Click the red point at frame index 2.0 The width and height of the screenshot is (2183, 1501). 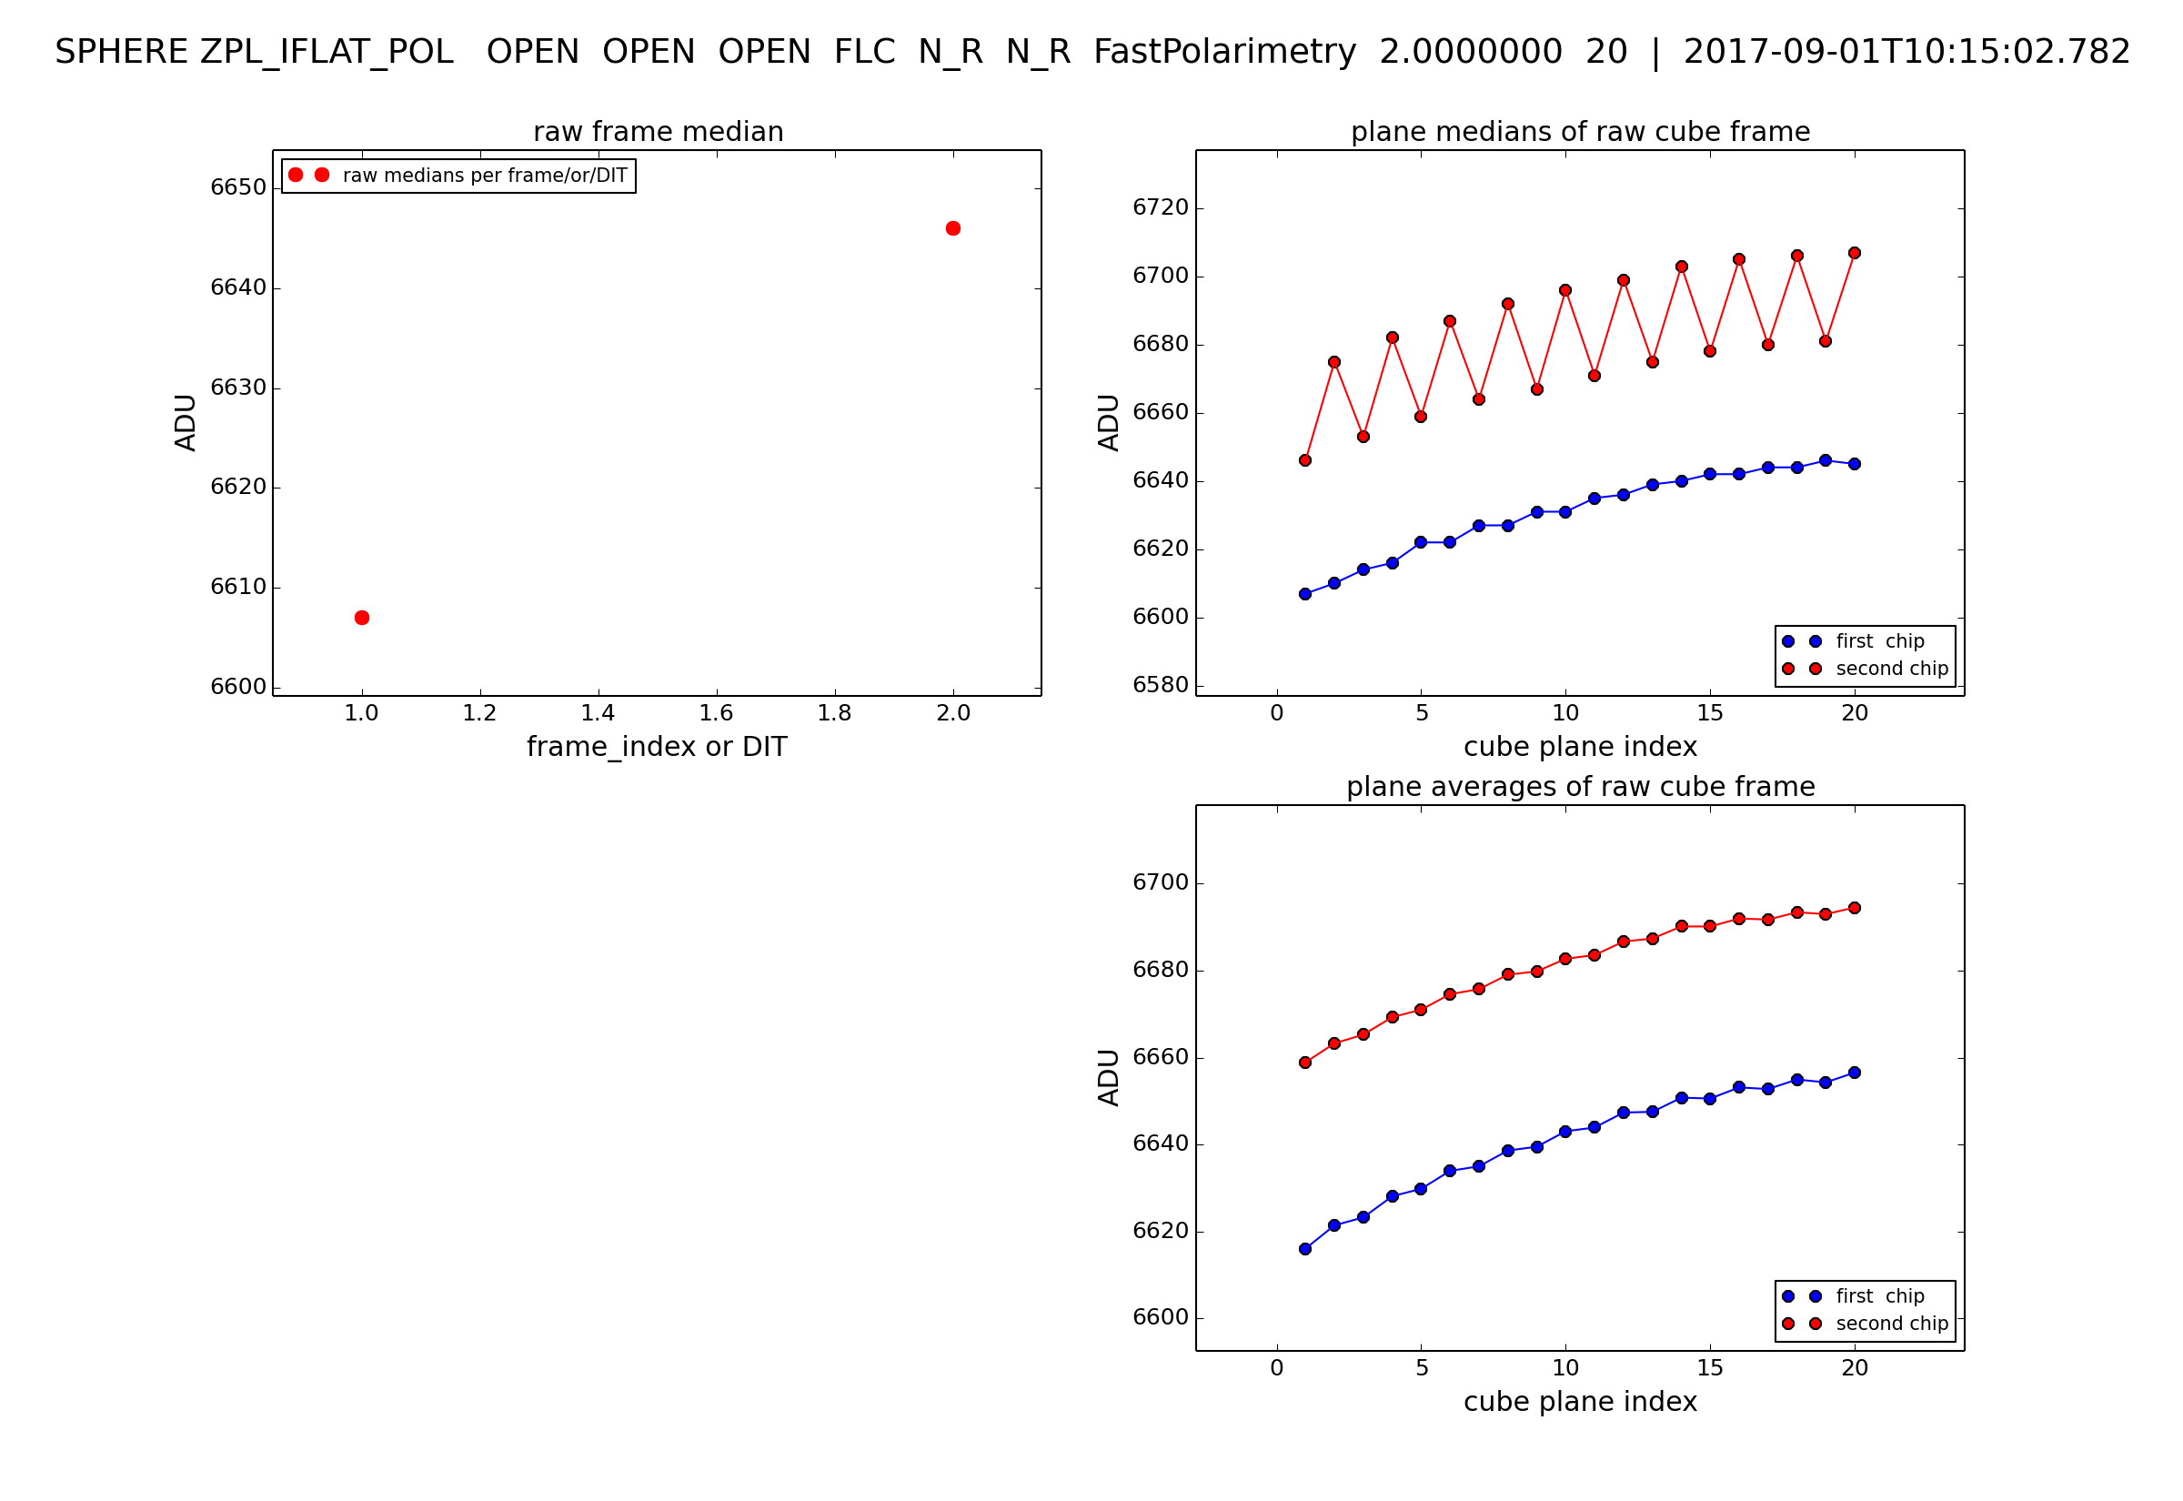click(952, 228)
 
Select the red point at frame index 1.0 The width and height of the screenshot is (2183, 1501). click(362, 618)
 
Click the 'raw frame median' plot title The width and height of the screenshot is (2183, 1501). click(659, 132)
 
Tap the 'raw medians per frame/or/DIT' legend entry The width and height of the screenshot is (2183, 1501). click(484, 176)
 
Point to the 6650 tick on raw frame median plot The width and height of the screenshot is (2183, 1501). click(237, 187)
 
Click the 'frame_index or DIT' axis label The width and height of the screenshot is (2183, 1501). click(656, 747)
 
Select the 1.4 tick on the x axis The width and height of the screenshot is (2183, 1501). click(598, 714)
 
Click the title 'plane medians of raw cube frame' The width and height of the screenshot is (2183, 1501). click(1579, 132)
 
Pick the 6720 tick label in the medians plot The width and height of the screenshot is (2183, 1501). click(1160, 207)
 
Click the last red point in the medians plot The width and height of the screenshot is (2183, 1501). click(1854, 253)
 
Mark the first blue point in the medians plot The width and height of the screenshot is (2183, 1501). click(1305, 594)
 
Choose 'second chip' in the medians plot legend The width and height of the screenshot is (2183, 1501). click(1892, 669)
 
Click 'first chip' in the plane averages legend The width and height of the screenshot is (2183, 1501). click(1879, 1296)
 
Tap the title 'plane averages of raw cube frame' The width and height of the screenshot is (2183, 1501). click(1579, 786)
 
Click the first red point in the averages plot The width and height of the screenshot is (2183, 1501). click(1305, 1063)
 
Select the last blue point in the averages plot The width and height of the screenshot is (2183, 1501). click(1854, 1073)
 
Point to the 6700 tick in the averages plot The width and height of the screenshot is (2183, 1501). click(1160, 883)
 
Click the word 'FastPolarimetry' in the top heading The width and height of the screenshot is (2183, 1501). click(1224, 52)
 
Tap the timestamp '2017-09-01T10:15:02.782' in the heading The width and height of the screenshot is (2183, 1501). click(1906, 52)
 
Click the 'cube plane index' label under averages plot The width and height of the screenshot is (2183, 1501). click(1579, 1402)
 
